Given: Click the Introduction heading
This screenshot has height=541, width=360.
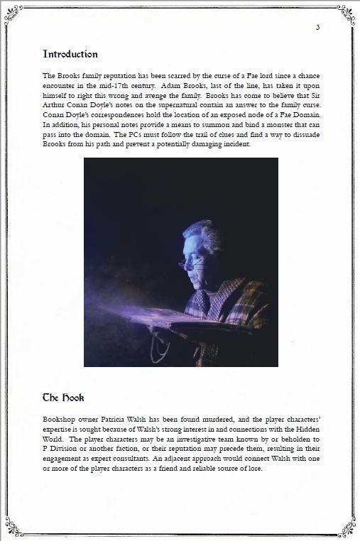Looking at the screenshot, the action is click(x=70, y=54).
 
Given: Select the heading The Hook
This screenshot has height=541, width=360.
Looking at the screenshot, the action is click(x=63, y=398).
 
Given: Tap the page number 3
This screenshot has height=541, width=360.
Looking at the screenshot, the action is click(x=317, y=28).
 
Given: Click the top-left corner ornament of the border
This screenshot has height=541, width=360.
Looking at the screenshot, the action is click(x=13, y=12).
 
